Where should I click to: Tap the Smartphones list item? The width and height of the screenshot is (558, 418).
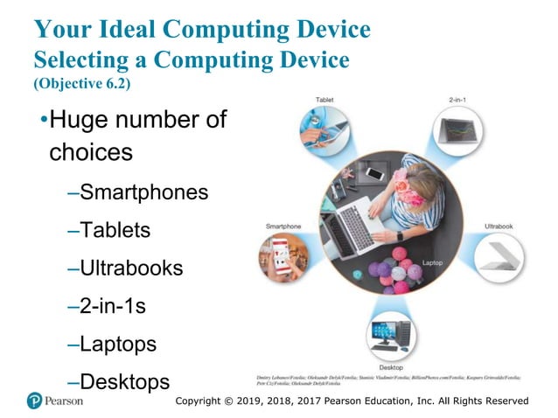(143, 192)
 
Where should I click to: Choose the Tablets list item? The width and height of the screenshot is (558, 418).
(115, 230)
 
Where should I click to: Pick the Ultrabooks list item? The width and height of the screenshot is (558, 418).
(131, 268)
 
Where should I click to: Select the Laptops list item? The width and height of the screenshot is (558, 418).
(118, 344)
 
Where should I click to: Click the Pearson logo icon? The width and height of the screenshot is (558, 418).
(35, 401)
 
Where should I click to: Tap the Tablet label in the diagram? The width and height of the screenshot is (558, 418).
(325, 101)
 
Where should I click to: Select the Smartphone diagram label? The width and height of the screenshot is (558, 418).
(284, 226)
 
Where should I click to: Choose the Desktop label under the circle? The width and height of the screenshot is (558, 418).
(391, 367)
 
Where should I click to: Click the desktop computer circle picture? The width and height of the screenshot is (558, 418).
(391, 335)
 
